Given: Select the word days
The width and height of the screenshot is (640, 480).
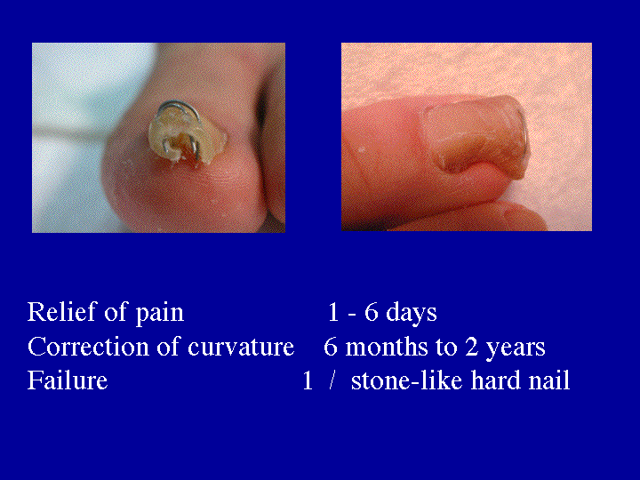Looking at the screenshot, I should (411, 314).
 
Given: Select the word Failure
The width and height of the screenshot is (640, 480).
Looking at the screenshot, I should (68, 380).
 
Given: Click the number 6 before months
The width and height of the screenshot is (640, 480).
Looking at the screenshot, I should (331, 347).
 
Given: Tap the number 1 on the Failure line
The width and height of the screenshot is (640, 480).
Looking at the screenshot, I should (308, 381).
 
